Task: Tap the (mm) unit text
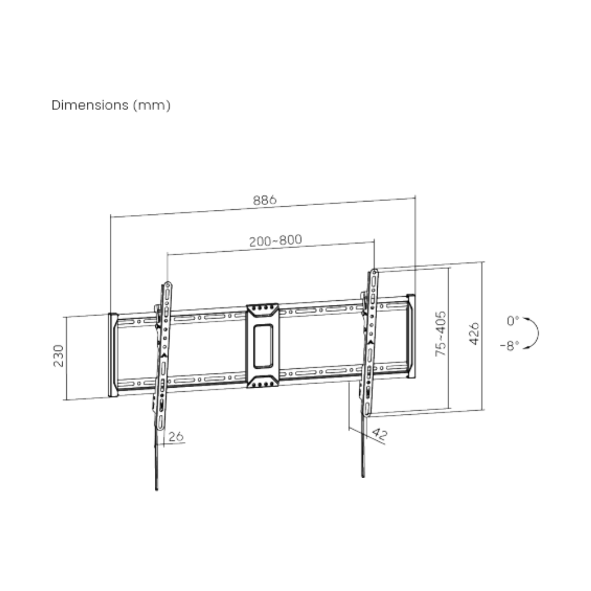click(x=152, y=105)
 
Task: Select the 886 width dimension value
click(x=265, y=200)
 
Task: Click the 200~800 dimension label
click(x=275, y=241)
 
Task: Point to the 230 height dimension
click(x=59, y=355)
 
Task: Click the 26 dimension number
click(x=176, y=437)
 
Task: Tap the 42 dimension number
click(x=379, y=436)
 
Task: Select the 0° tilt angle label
click(x=512, y=321)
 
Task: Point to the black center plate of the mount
click(x=262, y=346)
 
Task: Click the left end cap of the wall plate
click(x=112, y=355)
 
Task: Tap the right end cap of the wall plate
click(x=411, y=335)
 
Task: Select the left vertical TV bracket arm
click(x=164, y=355)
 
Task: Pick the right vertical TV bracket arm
click(x=371, y=343)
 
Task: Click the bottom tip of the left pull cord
click(x=157, y=488)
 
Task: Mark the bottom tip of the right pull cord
click(x=362, y=475)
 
